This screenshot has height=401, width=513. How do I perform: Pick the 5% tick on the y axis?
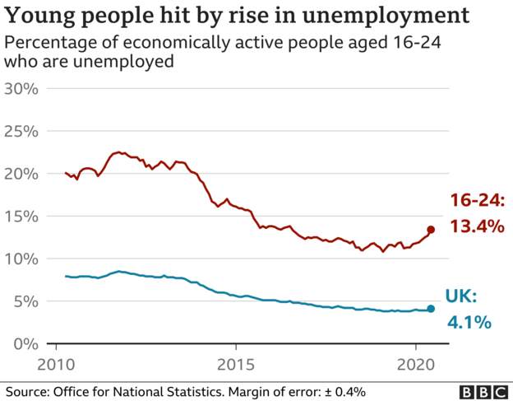click(26, 301)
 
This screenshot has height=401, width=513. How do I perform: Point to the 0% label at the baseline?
click(26, 343)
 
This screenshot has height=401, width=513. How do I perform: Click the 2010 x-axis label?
click(57, 365)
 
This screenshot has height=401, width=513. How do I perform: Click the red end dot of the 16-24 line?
click(431, 230)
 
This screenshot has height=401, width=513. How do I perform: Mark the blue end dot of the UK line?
click(431, 309)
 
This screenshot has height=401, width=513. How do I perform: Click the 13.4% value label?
click(476, 226)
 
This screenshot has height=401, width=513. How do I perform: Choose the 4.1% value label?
click(469, 321)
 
